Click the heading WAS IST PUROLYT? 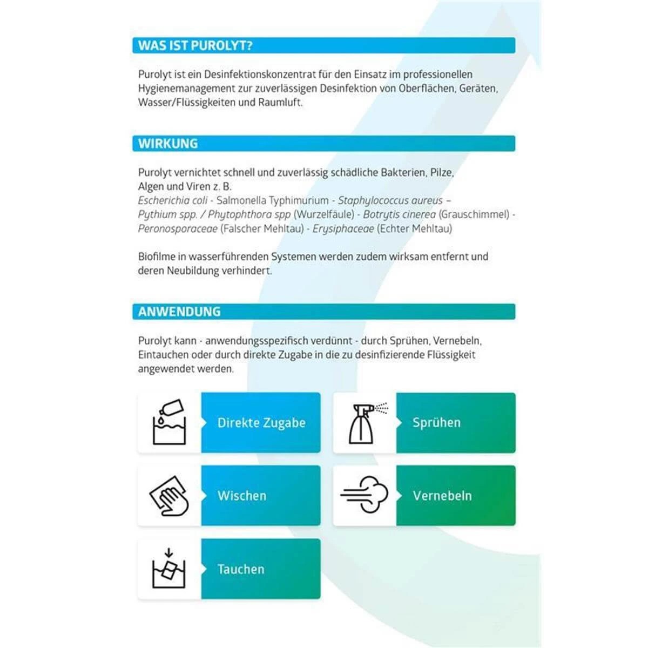tap(195, 46)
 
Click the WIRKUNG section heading tap(168, 144)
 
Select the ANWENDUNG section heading tap(179, 312)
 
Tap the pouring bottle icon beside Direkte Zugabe tap(170, 423)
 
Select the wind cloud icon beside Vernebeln tap(364, 496)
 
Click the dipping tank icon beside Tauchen tap(170, 569)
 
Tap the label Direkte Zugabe tap(261, 423)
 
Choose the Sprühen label tap(436, 423)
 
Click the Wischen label tap(242, 496)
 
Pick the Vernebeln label tap(442, 496)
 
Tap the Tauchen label tap(241, 569)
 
